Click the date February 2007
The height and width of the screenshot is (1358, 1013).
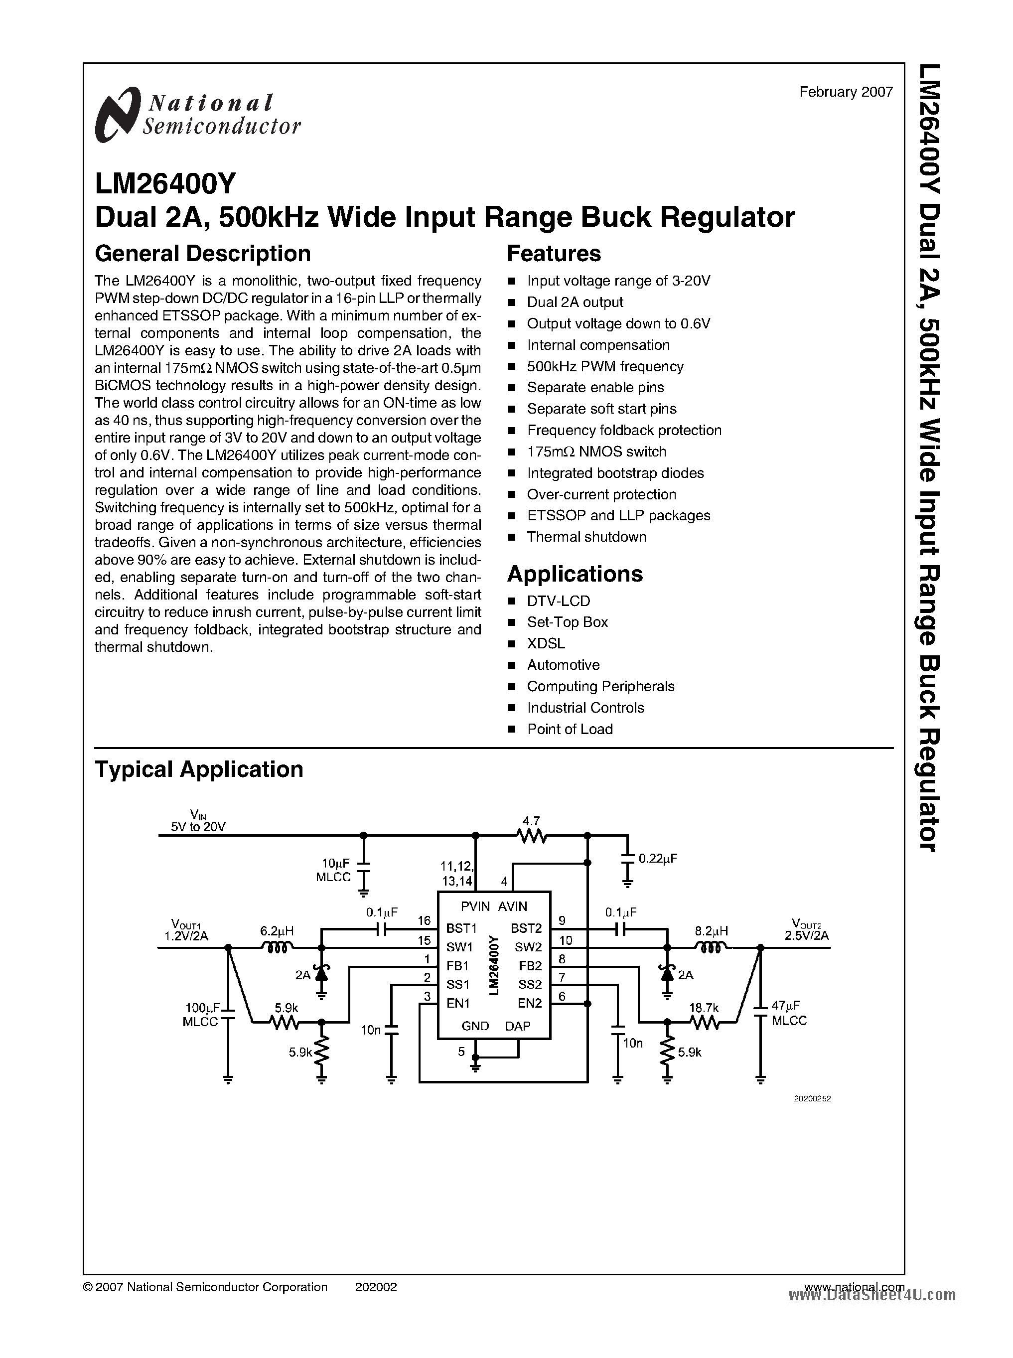pos(846,92)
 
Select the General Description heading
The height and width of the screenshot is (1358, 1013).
pos(202,253)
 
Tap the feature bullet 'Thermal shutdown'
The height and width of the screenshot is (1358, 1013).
pos(586,537)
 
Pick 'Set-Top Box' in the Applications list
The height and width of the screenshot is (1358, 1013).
pos(567,622)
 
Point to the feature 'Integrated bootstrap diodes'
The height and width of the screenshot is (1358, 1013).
pos(615,473)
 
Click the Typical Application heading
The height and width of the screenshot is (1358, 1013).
pos(199,769)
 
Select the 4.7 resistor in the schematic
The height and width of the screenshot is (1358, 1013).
pos(531,835)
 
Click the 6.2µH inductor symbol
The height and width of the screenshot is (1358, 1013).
pos(277,948)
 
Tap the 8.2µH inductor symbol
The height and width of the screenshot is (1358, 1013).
pos(711,948)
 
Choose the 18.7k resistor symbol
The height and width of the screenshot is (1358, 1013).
pos(704,1022)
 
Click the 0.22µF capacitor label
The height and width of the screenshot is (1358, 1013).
pos(657,859)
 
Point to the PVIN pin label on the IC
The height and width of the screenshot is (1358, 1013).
pos(476,906)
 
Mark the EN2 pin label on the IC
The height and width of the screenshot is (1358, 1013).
pos(530,1004)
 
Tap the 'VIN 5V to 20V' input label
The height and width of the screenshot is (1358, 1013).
pos(198,821)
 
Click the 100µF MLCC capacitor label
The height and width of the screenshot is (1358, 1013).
pos(203,1015)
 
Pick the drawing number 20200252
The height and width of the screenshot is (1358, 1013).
pos(812,1098)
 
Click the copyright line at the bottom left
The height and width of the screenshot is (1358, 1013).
pos(205,1287)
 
